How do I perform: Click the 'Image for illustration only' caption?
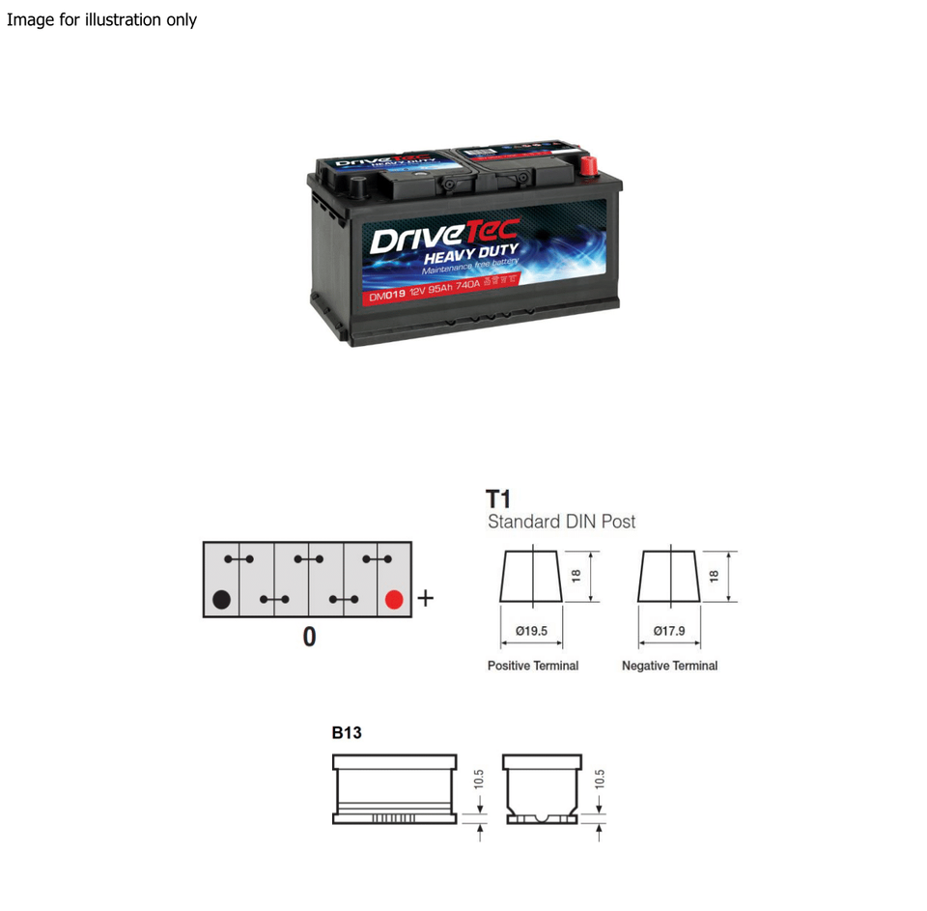tap(101, 19)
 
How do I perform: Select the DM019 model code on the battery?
tap(387, 297)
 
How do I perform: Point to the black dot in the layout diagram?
tap(221, 599)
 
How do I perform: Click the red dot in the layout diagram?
tap(393, 599)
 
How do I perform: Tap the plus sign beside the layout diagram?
tap(425, 599)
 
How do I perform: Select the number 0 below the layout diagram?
tap(309, 638)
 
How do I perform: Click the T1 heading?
tap(497, 499)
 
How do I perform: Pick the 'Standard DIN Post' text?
tap(561, 522)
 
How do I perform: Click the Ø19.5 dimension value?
tap(531, 631)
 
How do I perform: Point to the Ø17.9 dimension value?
tap(669, 631)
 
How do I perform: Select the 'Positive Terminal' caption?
tap(533, 666)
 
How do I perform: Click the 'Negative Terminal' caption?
tap(669, 666)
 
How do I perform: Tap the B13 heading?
tap(347, 732)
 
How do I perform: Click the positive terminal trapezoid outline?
tap(531, 577)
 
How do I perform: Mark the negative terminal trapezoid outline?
tap(669, 577)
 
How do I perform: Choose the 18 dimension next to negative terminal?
tap(714, 576)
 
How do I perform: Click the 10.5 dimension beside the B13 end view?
tap(599, 780)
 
